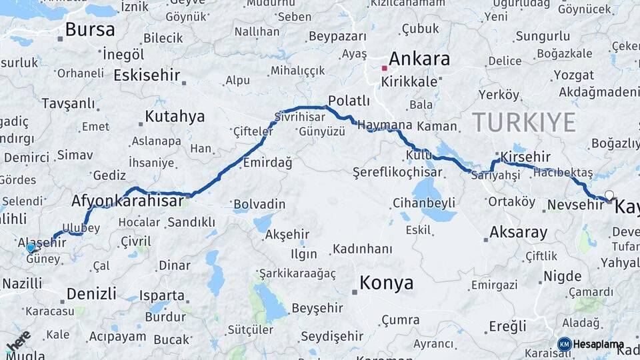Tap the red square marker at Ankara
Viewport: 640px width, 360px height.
pyautogui.click(x=385, y=67)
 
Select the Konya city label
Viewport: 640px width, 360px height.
pyautogui.click(x=386, y=283)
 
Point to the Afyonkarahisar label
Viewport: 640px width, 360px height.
pyautogui.click(x=128, y=199)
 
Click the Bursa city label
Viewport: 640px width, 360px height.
pyautogui.click(x=90, y=30)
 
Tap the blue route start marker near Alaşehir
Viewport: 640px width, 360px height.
pyautogui.click(x=31, y=248)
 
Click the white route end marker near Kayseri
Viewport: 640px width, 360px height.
pyautogui.click(x=609, y=195)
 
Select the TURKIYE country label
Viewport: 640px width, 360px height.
pyautogui.click(x=523, y=123)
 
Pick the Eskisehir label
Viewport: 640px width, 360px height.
pyautogui.click(x=147, y=75)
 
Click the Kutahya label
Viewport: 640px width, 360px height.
pyautogui.click(x=175, y=117)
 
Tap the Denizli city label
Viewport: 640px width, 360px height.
pyautogui.click(x=92, y=293)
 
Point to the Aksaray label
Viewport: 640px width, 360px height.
pyautogui.click(x=518, y=233)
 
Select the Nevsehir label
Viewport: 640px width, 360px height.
pyautogui.click(x=574, y=205)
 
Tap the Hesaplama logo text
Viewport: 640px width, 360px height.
pyautogui.click(x=598, y=345)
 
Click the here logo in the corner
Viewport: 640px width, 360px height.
pyautogui.click(x=18, y=341)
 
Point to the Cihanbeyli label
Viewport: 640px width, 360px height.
pyautogui.click(x=424, y=203)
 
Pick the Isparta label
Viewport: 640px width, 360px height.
pyautogui.click(x=161, y=295)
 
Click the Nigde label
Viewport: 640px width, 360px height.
pyautogui.click(x=562, y=276)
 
